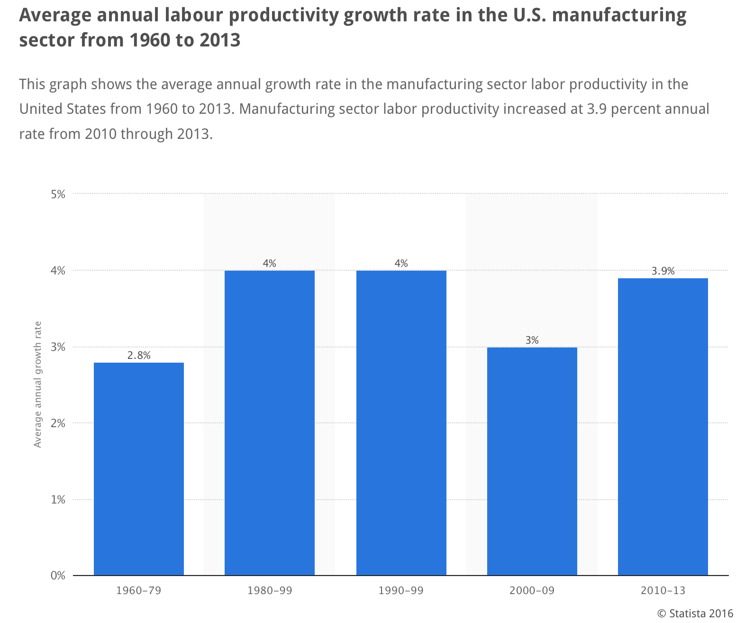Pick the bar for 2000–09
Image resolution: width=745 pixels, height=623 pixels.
(532, 461)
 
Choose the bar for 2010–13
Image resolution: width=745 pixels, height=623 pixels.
(663, 426)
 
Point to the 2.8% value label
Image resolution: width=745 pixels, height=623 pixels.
(139, 355)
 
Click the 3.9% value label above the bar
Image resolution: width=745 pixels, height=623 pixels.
(663, 271)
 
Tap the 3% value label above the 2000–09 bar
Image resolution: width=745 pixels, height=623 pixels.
(532, 340)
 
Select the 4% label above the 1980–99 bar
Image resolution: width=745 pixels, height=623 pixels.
(270, 263)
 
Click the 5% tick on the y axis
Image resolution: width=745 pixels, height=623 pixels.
(58, 194)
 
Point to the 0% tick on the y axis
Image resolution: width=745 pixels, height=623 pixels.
(58, 576)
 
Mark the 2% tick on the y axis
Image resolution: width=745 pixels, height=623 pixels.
(58, 423)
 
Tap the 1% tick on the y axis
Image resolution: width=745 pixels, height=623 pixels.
(58, 499)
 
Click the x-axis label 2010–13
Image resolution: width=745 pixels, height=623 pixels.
(663, 591)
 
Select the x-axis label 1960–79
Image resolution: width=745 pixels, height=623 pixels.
(139, 591)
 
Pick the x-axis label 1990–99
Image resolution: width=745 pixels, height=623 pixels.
(401, 591)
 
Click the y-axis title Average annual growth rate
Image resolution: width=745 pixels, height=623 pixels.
(38, 384)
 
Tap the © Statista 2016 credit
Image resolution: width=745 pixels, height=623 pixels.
(695, 613)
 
